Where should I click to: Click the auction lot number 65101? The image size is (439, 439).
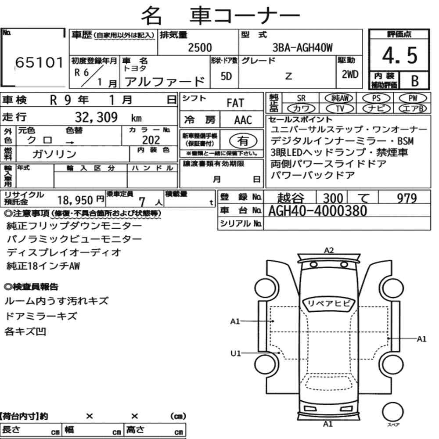[x=39, y=62]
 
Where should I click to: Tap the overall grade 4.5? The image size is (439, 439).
[x=399, y=55]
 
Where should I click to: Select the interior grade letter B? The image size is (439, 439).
[x=415, y=81]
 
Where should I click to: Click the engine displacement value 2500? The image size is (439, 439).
[x=200, y=47]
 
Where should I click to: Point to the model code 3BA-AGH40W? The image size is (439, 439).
[x=302, y=47]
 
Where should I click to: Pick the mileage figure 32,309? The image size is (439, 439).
[x=96, y=117]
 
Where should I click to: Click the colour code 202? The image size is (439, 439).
[x=151, y=140]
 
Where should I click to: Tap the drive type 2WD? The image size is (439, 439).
[x=350, y=74]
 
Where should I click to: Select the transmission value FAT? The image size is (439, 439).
[x=235, y=103]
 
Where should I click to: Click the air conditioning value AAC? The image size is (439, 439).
[x=243, y=120]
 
